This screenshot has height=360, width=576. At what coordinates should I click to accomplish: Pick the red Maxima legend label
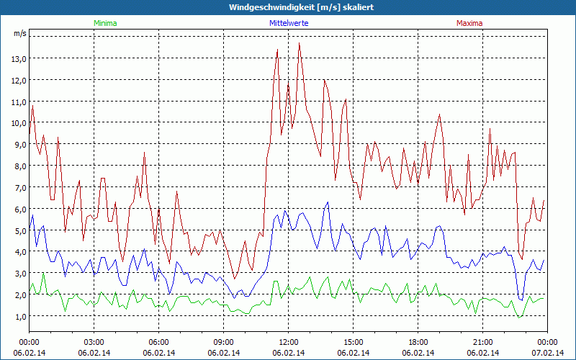(x=469, y=23)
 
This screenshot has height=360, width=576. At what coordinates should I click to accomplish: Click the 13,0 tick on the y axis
(x=19, y=58)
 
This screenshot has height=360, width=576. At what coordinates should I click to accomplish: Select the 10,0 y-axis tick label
(x=19, y=122)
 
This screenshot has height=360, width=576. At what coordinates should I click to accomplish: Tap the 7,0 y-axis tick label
(x=19, y=187)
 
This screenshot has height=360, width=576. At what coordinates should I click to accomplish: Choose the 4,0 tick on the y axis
(x=19, y=252)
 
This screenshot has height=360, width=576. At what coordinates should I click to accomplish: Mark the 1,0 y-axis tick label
(x=19, y=316)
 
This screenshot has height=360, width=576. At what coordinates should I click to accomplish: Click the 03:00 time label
(x=94, y=342)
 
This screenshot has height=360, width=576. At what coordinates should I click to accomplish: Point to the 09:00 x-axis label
(x=224, y=342)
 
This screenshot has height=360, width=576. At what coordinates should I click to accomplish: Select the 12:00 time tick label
(x=289, y=342)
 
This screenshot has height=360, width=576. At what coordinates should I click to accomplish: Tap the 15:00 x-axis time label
(x=354, y=342)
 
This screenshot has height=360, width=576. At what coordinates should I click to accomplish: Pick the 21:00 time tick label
(x=483, y=342)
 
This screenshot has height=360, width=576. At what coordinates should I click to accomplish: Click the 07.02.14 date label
(x=548, y=353)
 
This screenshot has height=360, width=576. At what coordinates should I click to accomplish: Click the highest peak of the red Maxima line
(x=300, y=43)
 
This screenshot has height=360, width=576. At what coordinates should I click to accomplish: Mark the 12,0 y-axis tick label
(x=19, y=80)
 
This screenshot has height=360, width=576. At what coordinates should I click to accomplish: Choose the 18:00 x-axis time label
(x=418, y=342)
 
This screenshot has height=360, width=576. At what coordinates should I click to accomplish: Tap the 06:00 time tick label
(x=159, y=342)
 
